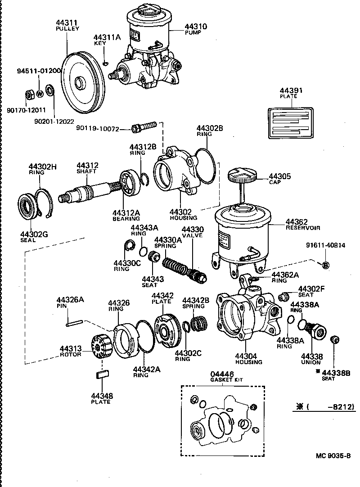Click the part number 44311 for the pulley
coord(67,22)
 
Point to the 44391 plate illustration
coord(291,122)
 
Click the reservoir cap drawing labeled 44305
coord(242,176)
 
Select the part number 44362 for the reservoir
coord(296,221)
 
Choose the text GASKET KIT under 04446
coord(226,380)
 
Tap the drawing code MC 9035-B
coord(333,455)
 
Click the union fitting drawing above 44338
coord(319,330)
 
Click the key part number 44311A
coord(107,37)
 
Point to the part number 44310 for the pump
coord(196,27)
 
